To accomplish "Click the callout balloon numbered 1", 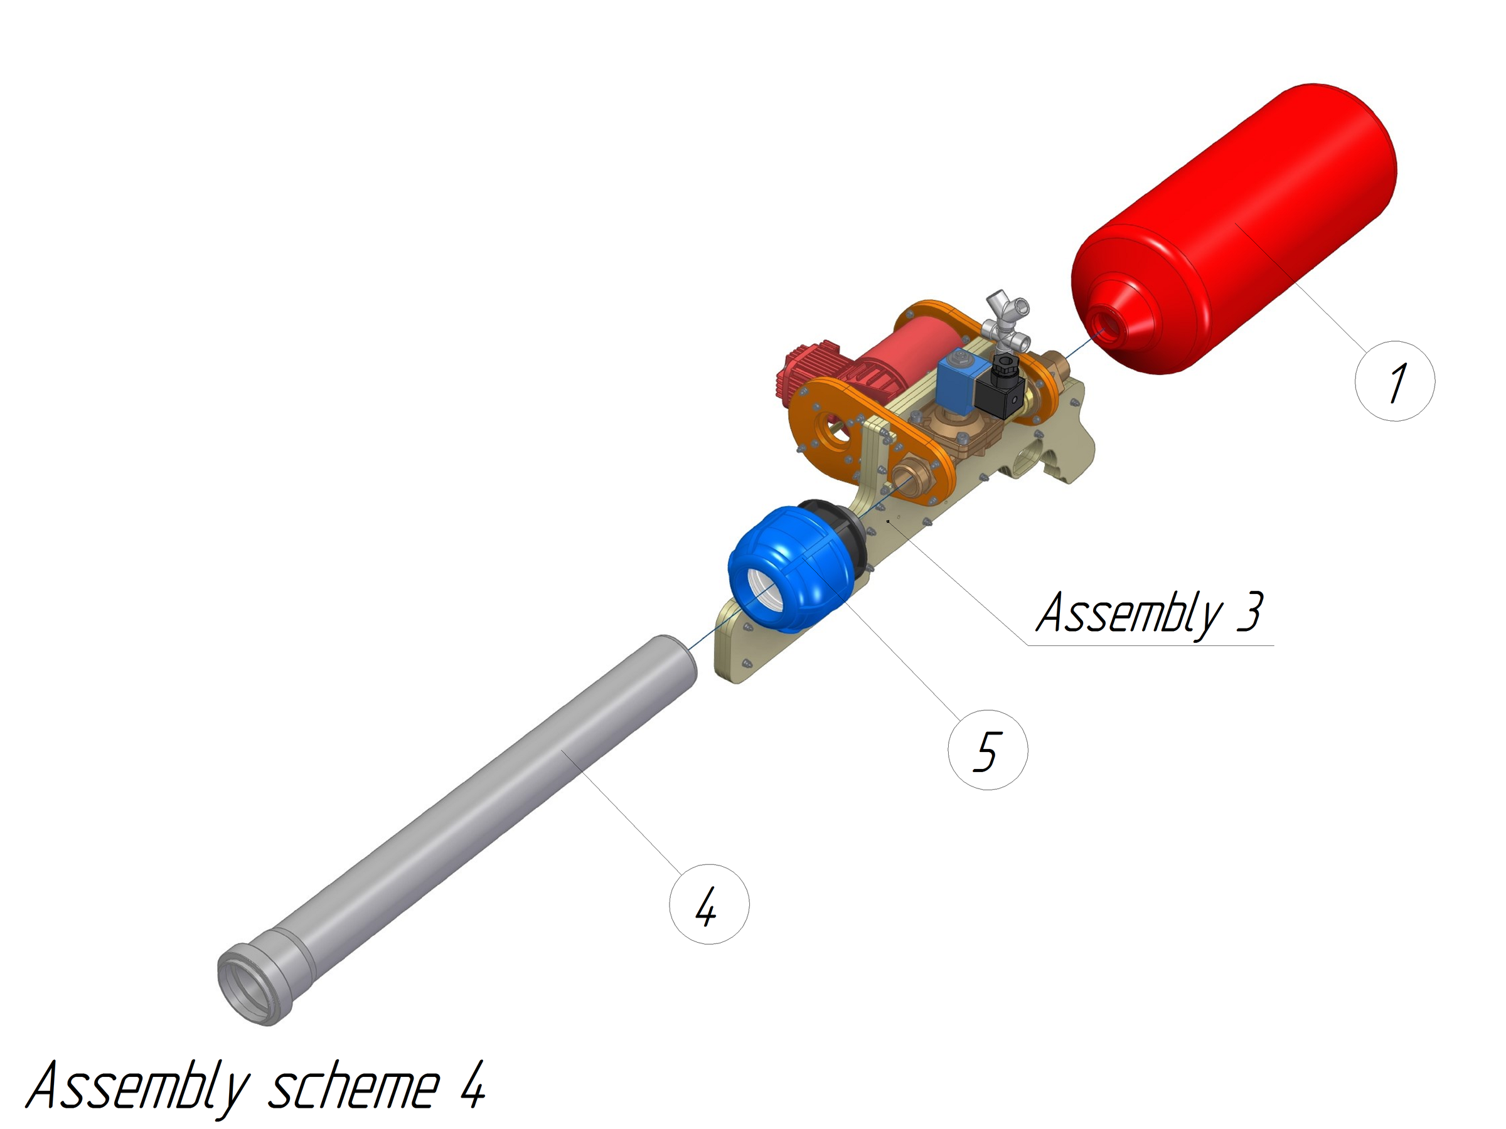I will click(1394, 381).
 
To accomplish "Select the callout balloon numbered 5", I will click(987, 750).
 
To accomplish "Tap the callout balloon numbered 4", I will click(708, 904).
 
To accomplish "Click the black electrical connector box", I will click(1001, 395).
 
